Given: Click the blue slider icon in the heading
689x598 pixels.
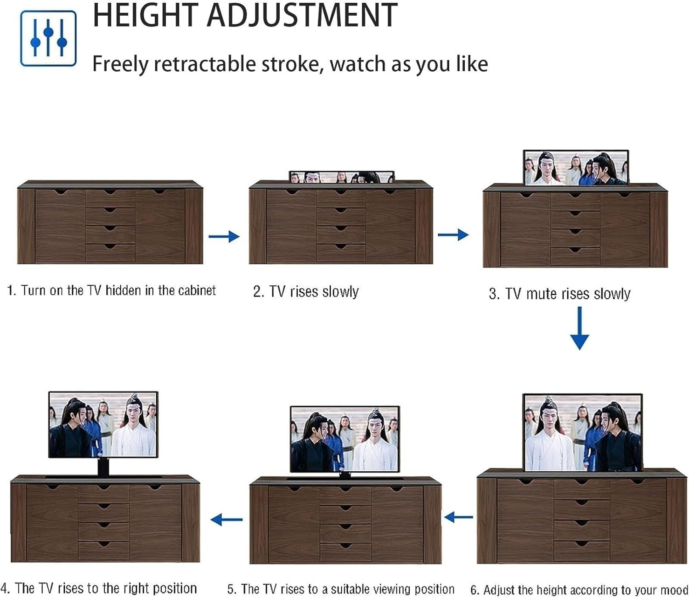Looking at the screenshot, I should [x=48, y=39].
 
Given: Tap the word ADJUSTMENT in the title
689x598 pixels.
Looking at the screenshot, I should [x=302, y=16].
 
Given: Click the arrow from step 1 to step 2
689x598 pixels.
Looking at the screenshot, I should [x=224, y=237].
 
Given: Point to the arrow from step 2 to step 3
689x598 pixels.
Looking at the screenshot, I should [x=453, y=235].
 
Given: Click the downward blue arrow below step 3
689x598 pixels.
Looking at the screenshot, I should [x=579, y=329].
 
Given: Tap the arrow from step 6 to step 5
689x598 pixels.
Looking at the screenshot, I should [x=458, y=517].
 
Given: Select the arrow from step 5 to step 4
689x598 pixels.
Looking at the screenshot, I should [x=226, y=520].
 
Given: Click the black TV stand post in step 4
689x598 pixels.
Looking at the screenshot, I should [x=104, y=467].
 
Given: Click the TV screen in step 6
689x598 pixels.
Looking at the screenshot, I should [x=582, y=432].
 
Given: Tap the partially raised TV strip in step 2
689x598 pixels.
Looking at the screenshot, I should [x=341, y=177].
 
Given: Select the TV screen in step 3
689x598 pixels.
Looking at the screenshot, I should [x=576, y=168].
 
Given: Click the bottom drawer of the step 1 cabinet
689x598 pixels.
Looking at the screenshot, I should [x=110, y=253].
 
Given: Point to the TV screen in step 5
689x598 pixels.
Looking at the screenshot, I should [x=344, y=439].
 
